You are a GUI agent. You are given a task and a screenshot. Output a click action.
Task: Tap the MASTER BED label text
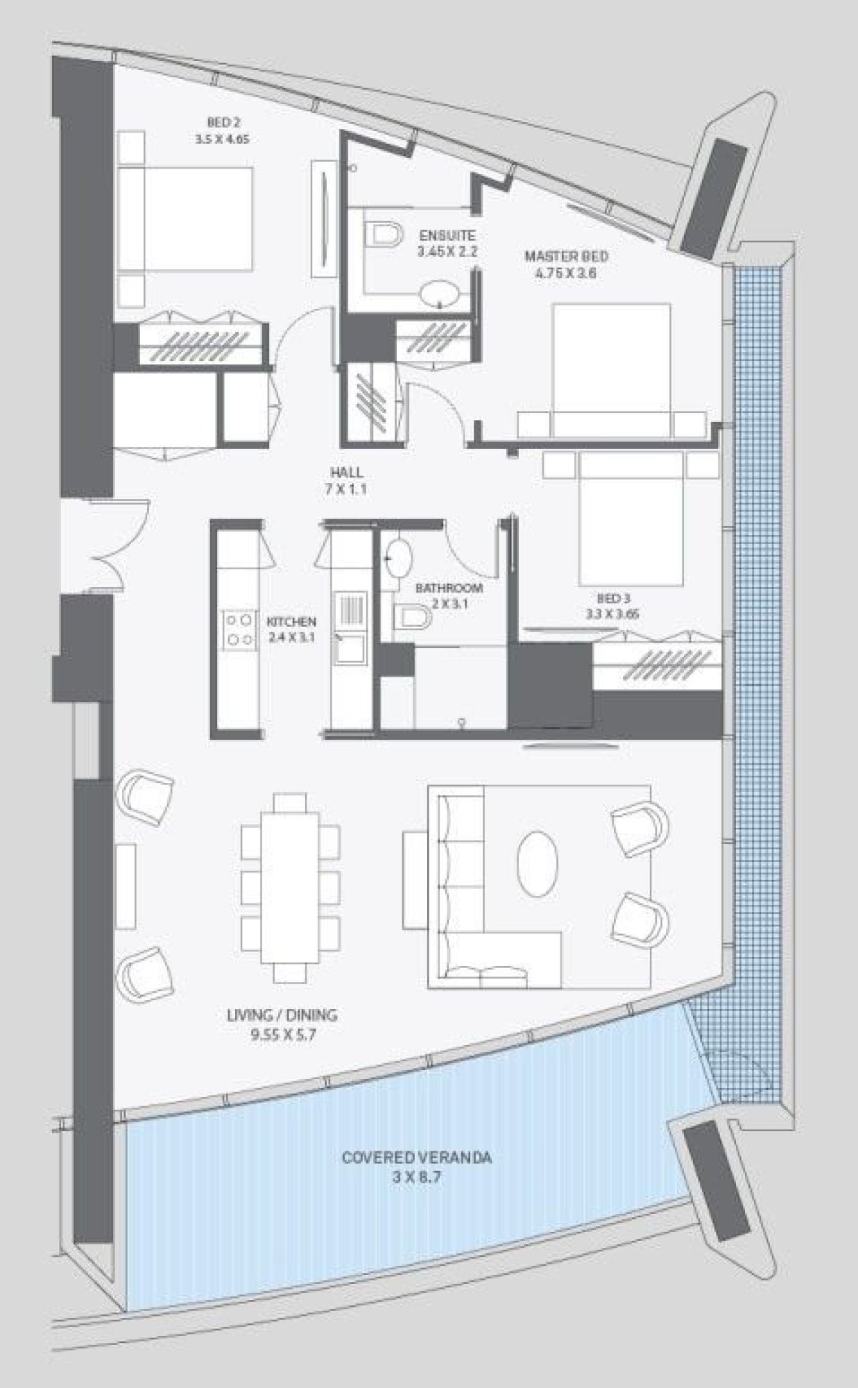(x=566, y=257)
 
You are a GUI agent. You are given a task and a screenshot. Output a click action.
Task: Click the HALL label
(x=347, y=473)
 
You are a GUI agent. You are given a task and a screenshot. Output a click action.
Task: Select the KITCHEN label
(x=291, y=622)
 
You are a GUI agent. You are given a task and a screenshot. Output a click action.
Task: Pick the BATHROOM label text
(x=449, y=588)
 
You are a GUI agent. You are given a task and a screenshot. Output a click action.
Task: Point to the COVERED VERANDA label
(x=416, y=1158)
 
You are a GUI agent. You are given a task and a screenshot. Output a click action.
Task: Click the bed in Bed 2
(x=184, y=218)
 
